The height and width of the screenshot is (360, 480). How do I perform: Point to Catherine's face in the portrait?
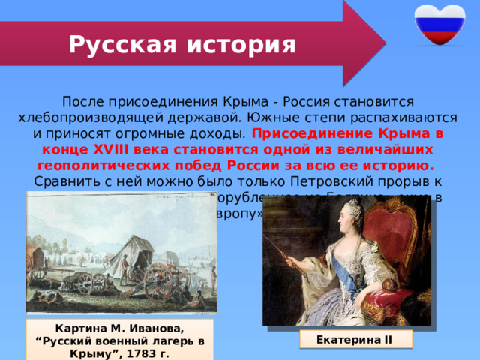click(347, 220)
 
